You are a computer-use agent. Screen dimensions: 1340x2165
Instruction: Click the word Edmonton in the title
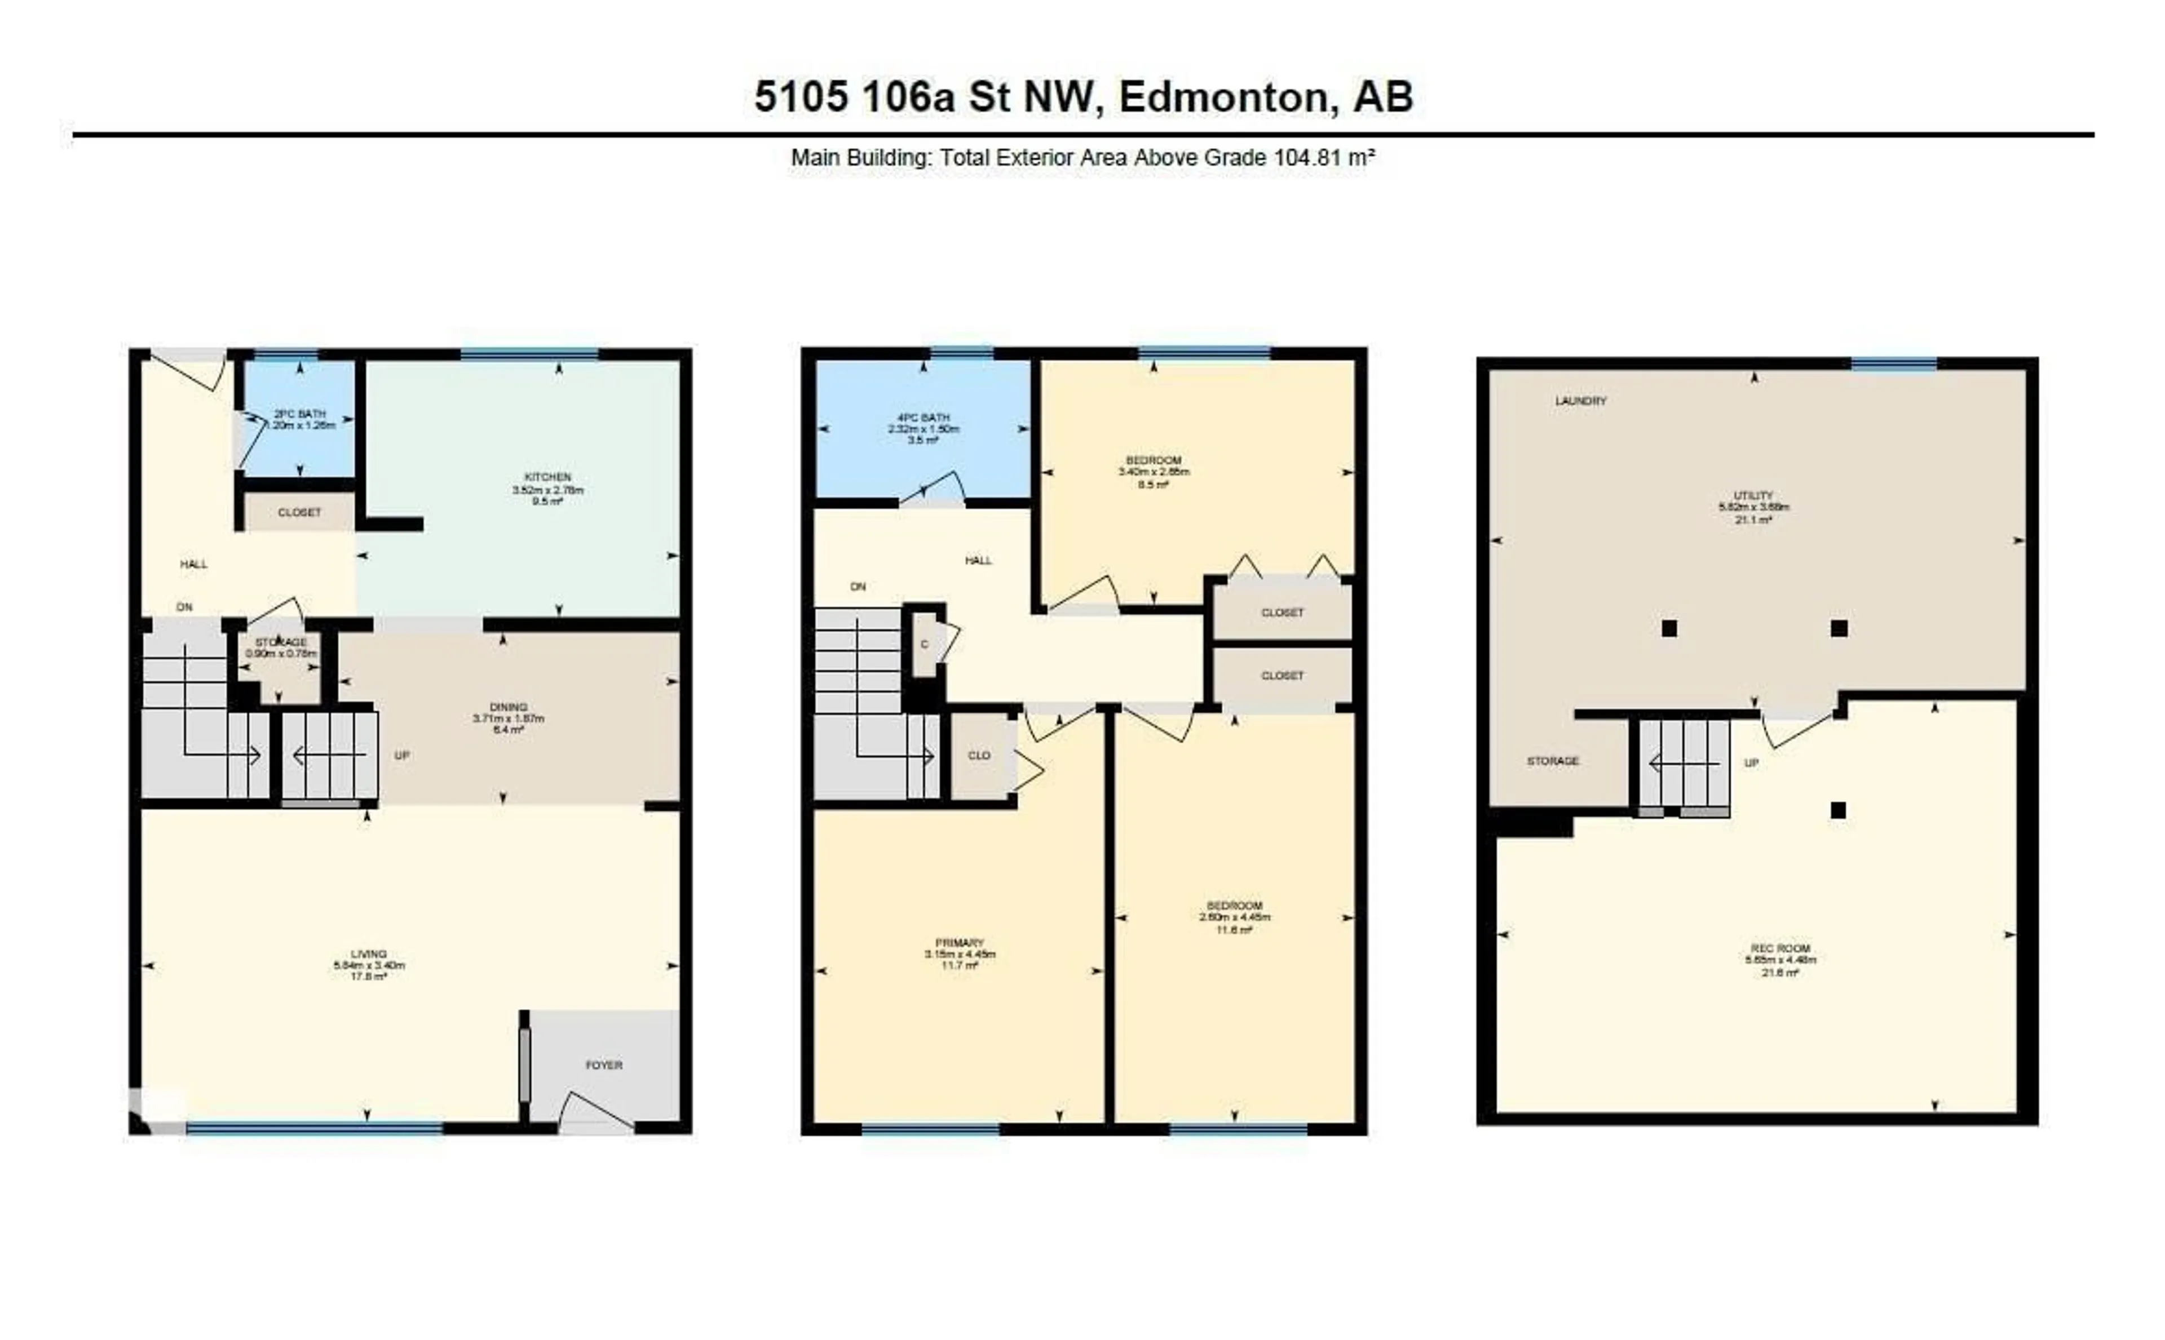tap(1228, 96)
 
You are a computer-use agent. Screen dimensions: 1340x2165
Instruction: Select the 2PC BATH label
tap(299, 414)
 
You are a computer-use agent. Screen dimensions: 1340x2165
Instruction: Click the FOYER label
tap(604, 1065)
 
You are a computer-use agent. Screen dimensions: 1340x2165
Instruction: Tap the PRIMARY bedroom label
tap(959, 943)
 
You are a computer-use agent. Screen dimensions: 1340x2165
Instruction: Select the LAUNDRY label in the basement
tap(1581, 401)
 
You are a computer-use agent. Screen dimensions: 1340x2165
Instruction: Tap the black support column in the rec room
tap(1838, 810)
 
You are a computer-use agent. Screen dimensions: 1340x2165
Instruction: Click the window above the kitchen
tap(529, 354)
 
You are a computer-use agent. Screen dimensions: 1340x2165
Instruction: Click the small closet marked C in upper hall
tap(924, 644)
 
